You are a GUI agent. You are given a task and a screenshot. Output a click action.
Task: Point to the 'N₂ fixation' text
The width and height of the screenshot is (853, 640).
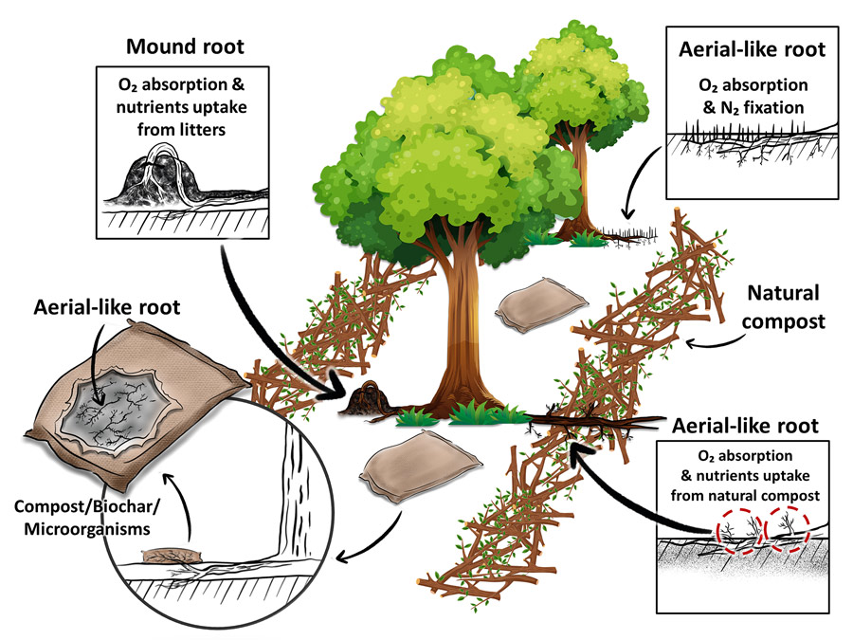(764, 107)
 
